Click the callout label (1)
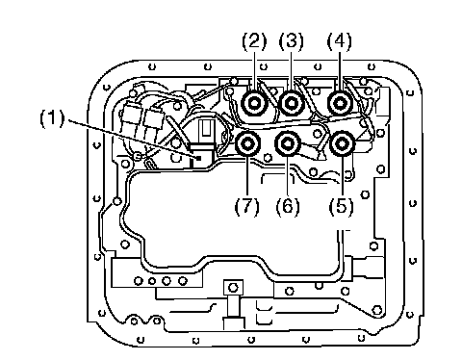[x=52, y=118]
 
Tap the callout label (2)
[x=254, y=41]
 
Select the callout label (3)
[x=291, y=41]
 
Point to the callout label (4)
[x=339, y=41]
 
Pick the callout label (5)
[x=341, y=206]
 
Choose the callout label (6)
[x=288, y=206]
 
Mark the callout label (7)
[x=246, y=206]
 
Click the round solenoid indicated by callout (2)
[x=254, y=103]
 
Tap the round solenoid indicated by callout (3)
[x=292, y=103]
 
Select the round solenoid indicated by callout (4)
[x=340, y=103]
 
